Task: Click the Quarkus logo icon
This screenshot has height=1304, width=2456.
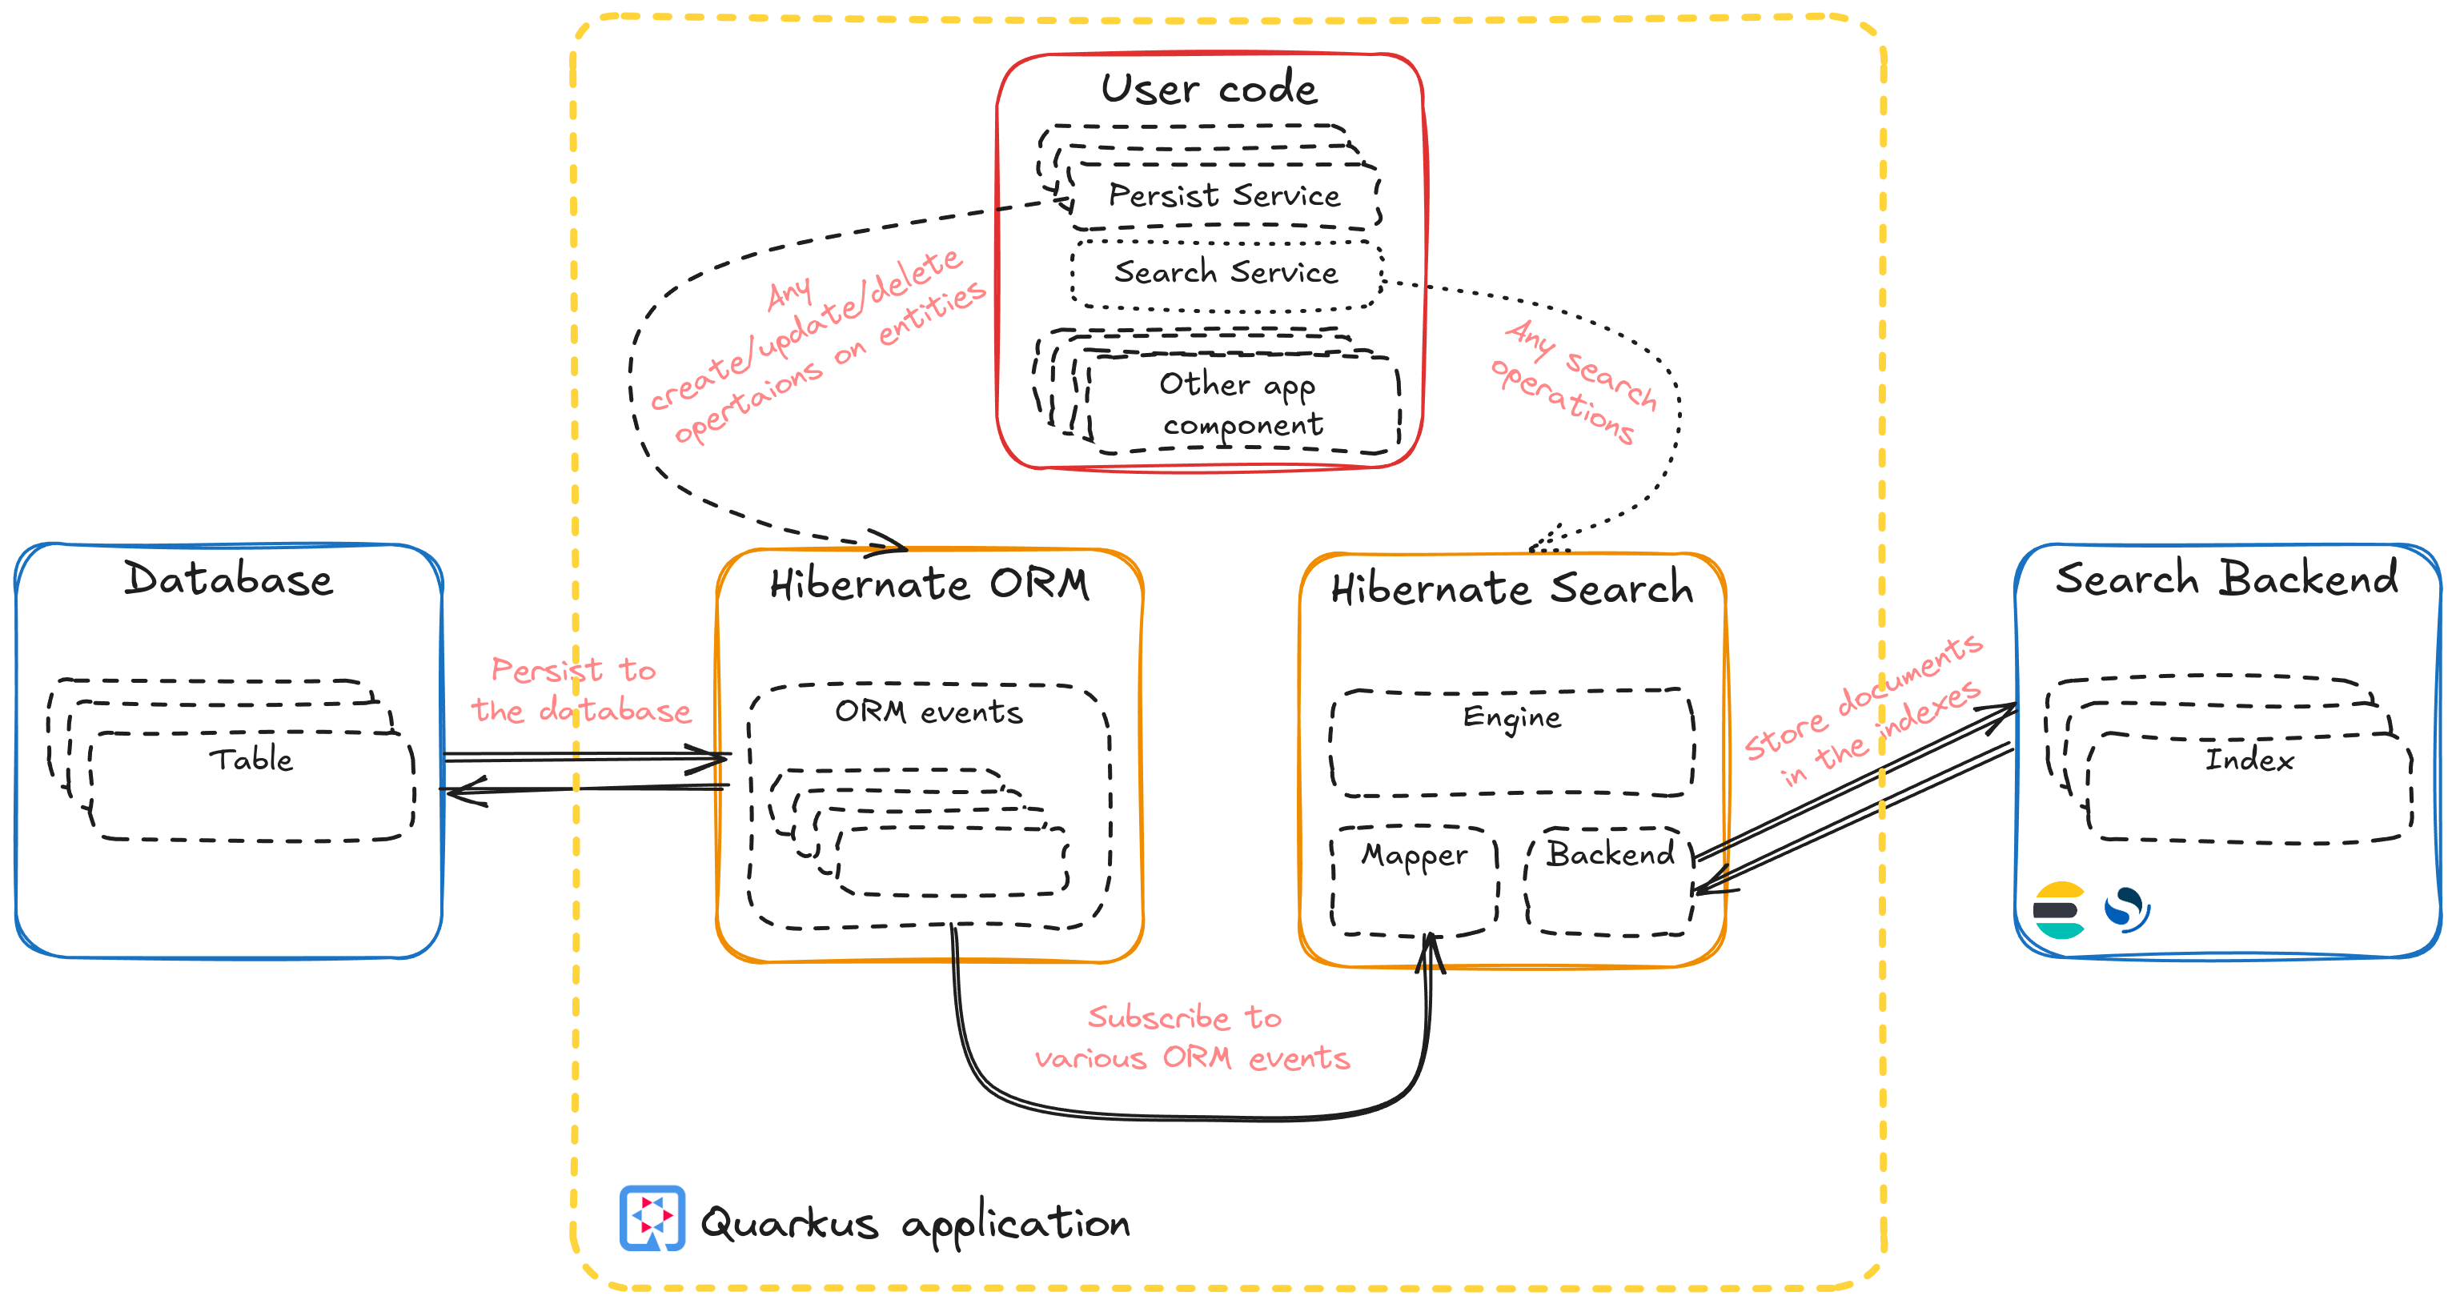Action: click(x=652, y=1218)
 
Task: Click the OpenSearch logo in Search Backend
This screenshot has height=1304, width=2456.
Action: click(x=2126, y=909)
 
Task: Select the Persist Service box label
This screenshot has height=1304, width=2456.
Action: click(x=1224, y=195)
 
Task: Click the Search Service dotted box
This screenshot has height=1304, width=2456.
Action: click(x=1226, y=274)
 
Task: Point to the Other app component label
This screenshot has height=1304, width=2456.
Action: click(x=1240, y=404)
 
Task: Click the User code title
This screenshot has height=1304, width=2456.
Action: click(x=1209, y=89)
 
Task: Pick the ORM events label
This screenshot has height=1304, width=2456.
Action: click(x=928, y=712)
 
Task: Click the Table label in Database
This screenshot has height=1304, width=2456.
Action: click(x=251, y=760)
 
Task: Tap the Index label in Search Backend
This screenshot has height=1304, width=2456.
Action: click(x=2248, y=760)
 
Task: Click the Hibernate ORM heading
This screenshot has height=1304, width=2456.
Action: click(x=929, y=584)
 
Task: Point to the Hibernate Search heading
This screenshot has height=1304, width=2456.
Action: click(x=1511, y=588)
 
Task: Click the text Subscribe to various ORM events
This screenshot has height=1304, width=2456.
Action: click(x=1191, y=1038)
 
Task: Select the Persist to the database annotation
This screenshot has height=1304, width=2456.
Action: click(x=579, y=690)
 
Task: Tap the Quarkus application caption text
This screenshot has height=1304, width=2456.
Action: click(x=914, y=1223)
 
